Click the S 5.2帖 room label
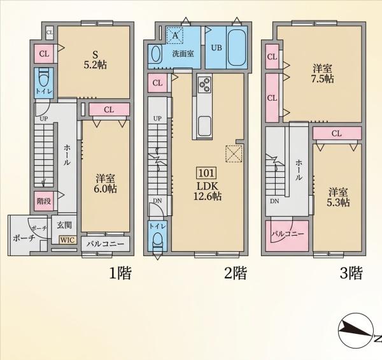tap(95, 60)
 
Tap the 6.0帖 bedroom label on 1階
tap(105, 184)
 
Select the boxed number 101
tap(206, 173)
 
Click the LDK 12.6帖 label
tap(208, 191)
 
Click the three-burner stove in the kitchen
tap(204, 84)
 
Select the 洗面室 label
tap(183, 54)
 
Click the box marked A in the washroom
tap(175, 36)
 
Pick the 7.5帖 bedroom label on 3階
tap(323, 74)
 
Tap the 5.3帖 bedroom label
tap(338, 198)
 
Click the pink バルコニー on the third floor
tap(288, 236)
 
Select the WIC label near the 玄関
tap(67, 240)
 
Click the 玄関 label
tap(64, 225)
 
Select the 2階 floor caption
tap(236, 273)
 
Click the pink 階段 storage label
tap(44, 201)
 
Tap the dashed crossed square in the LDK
tap(234, 154)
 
